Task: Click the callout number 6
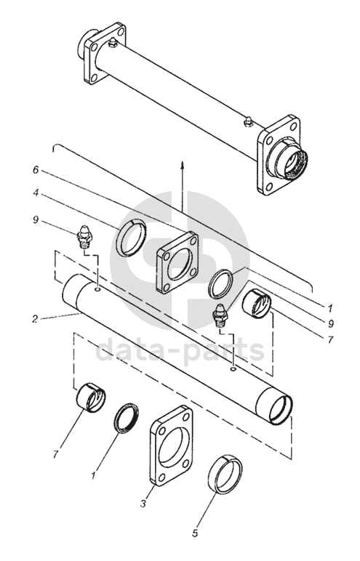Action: click(36, 170)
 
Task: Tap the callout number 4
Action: click(36, 193)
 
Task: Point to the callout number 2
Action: click(35, 318)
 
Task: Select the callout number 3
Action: click(143, 504)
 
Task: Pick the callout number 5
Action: click(195, 533)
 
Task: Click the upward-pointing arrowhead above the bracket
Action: click(183, 164)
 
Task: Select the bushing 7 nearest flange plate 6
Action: click(257, 304)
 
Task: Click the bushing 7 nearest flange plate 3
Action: click(92, 397)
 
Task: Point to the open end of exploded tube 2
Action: click(281, 409)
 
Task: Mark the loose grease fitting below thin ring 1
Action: click(219, 314)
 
